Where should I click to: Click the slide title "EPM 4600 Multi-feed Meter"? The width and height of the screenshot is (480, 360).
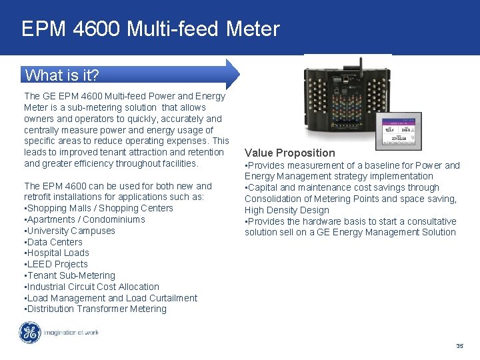150,29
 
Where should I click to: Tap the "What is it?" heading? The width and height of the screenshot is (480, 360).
62,74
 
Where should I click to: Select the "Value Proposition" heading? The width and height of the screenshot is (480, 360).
290,153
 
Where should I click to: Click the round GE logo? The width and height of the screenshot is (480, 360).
30,333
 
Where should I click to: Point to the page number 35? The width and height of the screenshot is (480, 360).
459,346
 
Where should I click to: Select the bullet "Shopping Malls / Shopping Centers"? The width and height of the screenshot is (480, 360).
99,208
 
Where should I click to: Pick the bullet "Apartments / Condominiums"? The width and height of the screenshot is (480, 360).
85,219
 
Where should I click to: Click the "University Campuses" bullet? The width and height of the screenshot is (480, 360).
70,231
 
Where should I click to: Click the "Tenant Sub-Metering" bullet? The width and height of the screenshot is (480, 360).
70,275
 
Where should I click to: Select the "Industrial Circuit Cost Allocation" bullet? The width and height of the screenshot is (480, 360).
92,287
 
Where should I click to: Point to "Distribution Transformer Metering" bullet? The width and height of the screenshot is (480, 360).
95,309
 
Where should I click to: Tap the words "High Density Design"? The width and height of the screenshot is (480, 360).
287,210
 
